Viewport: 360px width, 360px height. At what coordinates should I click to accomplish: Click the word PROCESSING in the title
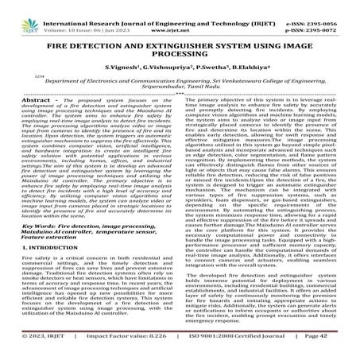click(182, 56)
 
